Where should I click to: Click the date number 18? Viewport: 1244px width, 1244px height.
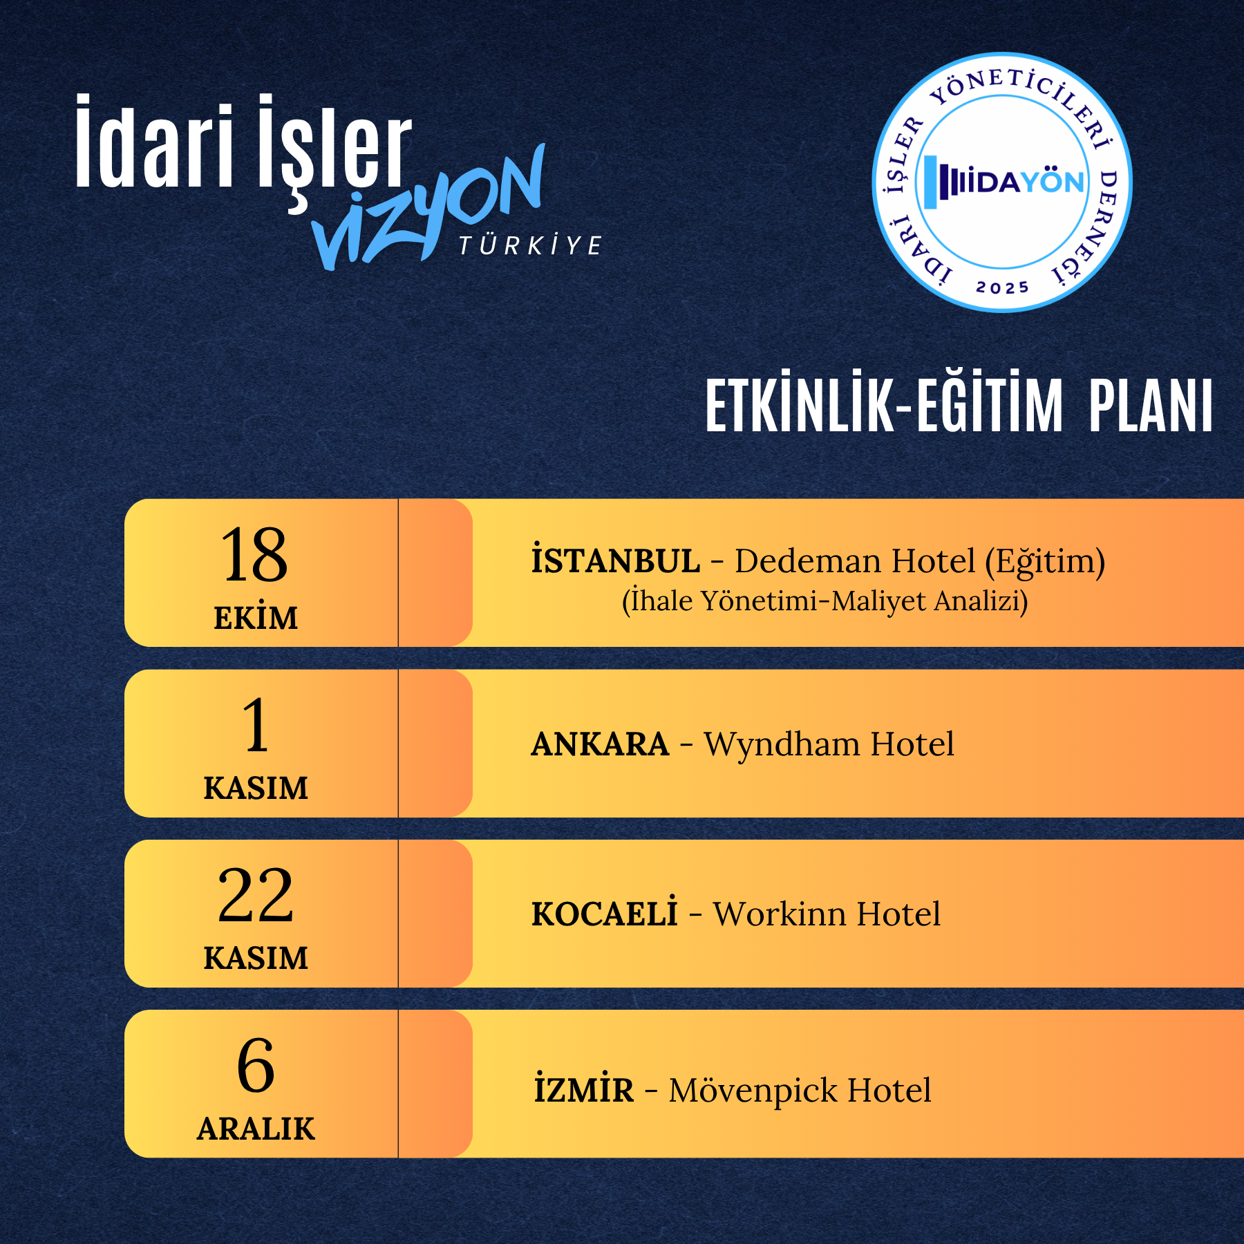pyautogui.click(x=254, y=554)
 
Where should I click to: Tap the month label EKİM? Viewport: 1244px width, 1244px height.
pyautogui.click(x=256, y=617)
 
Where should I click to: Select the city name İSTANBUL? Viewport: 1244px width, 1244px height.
pyautogui.click(x=615, y=560)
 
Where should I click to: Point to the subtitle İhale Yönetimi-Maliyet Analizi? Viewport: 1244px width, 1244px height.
pyautogui.click(x=824, y=601)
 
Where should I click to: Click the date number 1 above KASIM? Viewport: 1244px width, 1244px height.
pyautogui.click(x=256, y=725)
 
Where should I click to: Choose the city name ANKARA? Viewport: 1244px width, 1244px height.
pyautogui.click(x=600, y=744)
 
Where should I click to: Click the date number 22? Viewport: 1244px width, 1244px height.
pyautogui.click(x=255, y=896)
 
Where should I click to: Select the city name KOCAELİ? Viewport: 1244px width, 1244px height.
pyautogui.click(x=604, y=913)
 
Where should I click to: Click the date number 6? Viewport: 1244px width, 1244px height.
pyautogui.click(x=256, y=1066)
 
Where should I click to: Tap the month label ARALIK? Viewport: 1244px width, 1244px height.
pyautogui.click(x=256, y=1129)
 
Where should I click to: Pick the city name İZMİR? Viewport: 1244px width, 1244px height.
pyautogui.click(x=583, y=1089)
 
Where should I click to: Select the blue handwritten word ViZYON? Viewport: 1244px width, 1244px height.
pyautogui.click(x=428, y=207)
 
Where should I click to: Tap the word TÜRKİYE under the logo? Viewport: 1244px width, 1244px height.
pyautogui.click(x=531, y=245)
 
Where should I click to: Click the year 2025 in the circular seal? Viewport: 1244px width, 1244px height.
pyautogui.click(x=1002, y=287)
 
